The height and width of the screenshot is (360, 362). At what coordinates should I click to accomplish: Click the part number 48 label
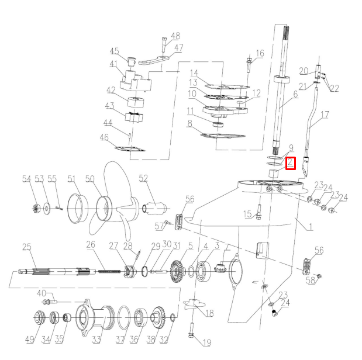[175, 36]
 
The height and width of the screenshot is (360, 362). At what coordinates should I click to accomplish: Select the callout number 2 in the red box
[291, 164]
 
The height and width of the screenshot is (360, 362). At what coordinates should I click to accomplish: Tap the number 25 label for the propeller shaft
[27, 248]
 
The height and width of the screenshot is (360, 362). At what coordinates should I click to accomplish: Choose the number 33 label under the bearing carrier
[96, 339]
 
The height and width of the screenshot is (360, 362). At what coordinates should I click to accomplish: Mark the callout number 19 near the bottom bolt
[206, 342]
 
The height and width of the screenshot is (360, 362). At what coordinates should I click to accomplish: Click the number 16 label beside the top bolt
[259, 53]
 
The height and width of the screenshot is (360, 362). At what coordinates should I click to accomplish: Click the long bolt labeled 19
[192, 327]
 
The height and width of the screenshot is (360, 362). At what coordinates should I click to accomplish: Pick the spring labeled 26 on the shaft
[106, 270]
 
